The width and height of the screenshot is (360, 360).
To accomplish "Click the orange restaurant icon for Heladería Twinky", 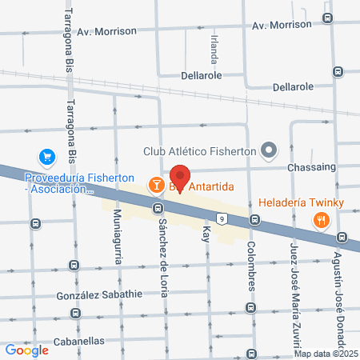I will [x=322, y=220].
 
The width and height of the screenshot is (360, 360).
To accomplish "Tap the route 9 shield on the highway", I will [x=220, y=217].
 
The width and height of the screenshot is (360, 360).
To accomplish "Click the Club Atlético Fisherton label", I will [x=199, y=150].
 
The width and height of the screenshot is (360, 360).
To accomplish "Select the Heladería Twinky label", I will [x=301, y=202].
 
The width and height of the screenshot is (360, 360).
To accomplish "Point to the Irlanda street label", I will [x=213, y=49].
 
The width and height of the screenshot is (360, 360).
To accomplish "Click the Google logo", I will [x=26, y=350].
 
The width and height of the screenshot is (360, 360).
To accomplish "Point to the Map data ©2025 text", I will [x=324, y=353].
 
